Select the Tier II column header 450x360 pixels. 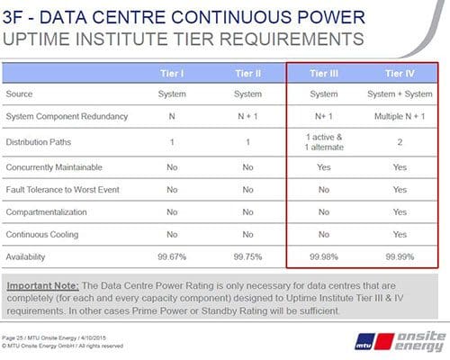(248, 72)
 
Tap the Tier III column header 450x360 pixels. (323, 72)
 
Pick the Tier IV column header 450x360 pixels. (399, 72)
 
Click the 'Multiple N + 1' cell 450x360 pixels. (399, 116)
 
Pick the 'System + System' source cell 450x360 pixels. (399, 93)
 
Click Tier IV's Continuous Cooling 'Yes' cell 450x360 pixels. (399, 234)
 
